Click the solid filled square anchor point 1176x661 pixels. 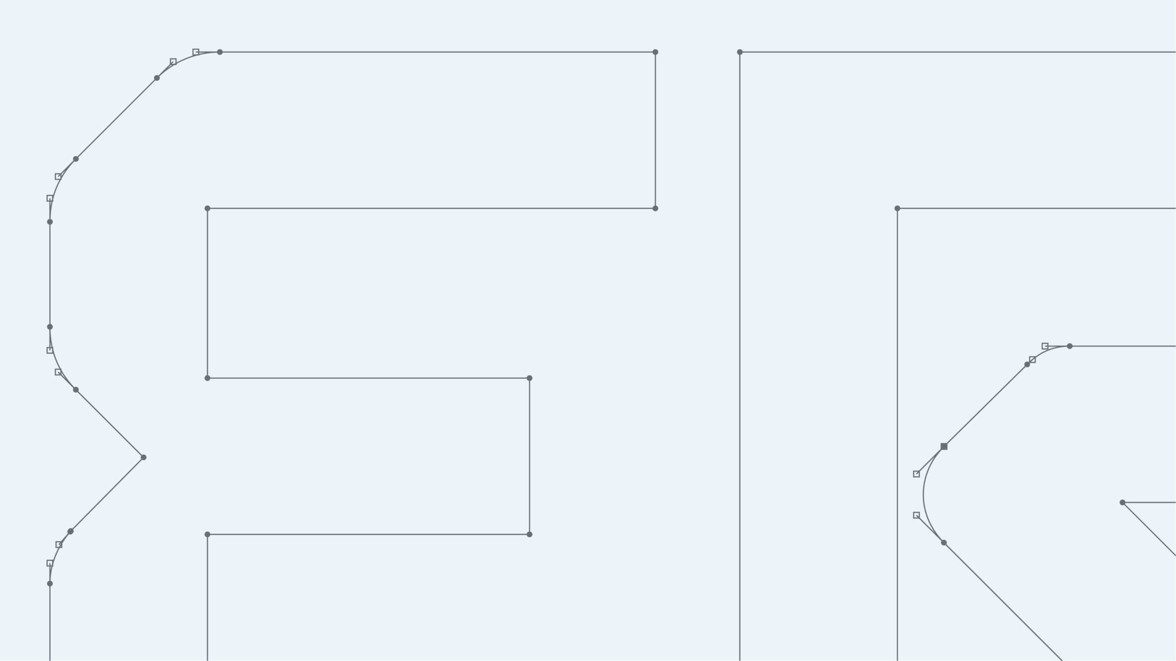944,446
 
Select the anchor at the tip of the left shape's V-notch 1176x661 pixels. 143,457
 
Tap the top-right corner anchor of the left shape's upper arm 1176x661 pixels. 655,52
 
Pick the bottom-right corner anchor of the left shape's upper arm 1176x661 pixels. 655,208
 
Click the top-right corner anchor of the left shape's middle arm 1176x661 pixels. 529,378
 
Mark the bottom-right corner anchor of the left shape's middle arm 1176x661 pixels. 529,534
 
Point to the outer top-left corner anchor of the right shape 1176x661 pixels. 740,52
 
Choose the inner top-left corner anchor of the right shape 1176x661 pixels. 897,208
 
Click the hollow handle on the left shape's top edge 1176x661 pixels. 196,52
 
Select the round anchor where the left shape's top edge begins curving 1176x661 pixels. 220,52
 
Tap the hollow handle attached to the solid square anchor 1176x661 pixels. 916,474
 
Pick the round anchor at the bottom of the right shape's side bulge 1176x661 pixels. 944,543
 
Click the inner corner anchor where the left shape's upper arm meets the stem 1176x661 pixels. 207,208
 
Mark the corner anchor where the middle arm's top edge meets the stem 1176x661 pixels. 207,378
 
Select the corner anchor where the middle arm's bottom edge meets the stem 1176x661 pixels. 207,534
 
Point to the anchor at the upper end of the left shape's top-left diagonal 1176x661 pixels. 157,78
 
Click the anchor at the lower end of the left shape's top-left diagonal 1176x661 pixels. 76,159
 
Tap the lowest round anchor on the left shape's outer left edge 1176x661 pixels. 50,583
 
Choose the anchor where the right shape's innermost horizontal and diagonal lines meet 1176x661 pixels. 1122,502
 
